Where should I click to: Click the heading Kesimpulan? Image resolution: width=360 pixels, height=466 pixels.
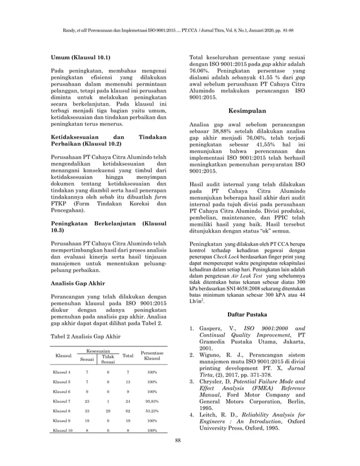(x=248, y=111)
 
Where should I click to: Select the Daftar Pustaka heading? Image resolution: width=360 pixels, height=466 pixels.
(x=248, y=313)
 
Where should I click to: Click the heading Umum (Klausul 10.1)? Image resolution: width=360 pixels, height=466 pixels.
(x=81, y=58)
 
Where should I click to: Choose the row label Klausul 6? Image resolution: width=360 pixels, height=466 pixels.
(x=62, y=391)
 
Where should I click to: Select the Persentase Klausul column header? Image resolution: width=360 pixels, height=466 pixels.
(x=151, y=355)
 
